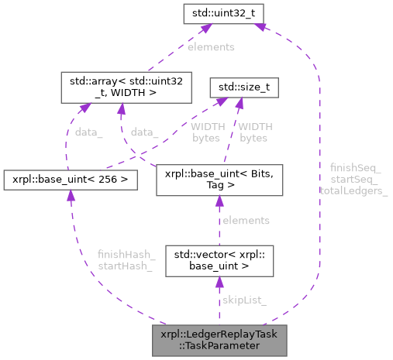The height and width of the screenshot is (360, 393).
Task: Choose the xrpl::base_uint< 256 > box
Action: tap(70, 180)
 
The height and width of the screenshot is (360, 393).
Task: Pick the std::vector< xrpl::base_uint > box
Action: tap(219, 262)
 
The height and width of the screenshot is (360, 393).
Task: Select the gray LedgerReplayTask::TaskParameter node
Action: tap(219, 340)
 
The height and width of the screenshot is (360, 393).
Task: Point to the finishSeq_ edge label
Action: tap(355, 167)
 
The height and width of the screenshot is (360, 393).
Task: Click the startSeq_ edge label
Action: tap(355, 179)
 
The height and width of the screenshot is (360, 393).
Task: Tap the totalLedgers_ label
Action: tap(355, 190)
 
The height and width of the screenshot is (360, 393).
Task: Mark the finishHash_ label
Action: tap(126, 254)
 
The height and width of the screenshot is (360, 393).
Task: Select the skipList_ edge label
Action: tap(245, 299)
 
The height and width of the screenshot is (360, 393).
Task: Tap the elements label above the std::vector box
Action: tap(246, 221)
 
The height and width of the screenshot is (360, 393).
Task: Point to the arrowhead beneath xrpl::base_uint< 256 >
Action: tap(71, 198)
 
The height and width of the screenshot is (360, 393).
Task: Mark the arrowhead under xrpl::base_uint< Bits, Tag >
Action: tap(219, 203)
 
